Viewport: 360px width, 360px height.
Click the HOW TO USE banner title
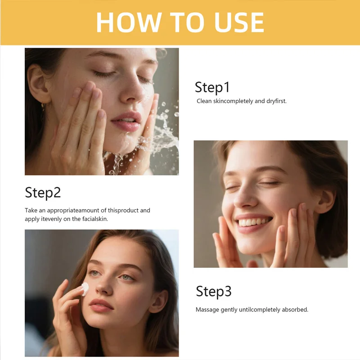[x=180, y=22]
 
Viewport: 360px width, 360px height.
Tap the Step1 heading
[x=212, y=87]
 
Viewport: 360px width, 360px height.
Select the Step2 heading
[x=43, y=193]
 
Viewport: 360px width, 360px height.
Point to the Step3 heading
[x=213, y=292]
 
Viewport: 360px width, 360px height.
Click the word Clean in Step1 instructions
[x=204, y=101]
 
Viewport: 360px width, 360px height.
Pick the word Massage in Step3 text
[x=207, y=310]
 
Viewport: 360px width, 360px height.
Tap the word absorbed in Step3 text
[x=295, y=310]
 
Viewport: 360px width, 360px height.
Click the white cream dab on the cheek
[x=85, y=288]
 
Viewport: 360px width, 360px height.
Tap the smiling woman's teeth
[x=254, y=221]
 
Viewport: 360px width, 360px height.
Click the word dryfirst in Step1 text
[x=276, y=101]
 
